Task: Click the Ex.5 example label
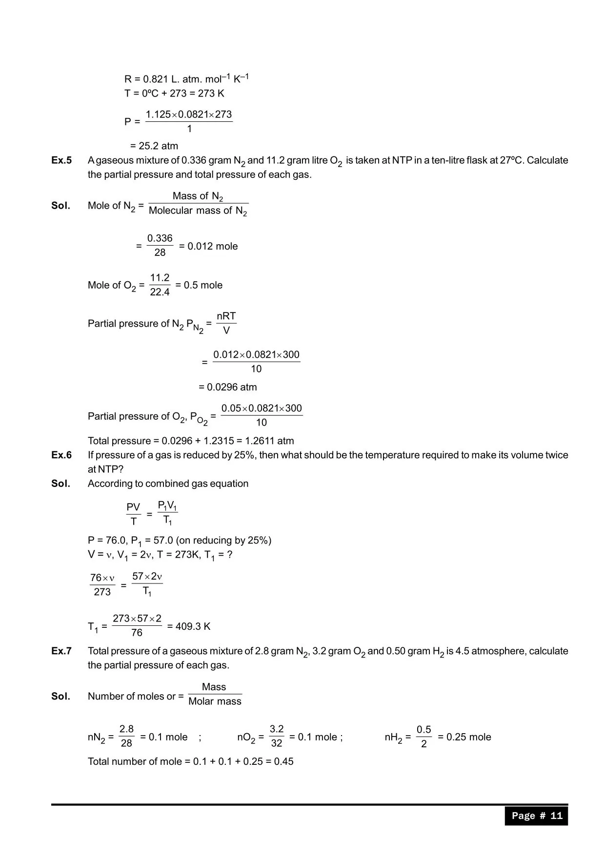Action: coord(61,160)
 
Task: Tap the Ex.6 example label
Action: coord(61,455)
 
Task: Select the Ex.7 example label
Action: coord(61,651)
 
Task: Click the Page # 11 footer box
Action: coord(536,816)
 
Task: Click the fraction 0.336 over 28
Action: coord(160,246)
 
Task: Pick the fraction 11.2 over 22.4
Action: coord(160,285)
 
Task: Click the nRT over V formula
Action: coord(226,323)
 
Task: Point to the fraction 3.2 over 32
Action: coord(277,736)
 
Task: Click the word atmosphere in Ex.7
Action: coord(498,651)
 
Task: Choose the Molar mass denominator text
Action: coord(215,701)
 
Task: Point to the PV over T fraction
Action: coord(133,514)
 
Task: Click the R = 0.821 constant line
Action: coord(186,79)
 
